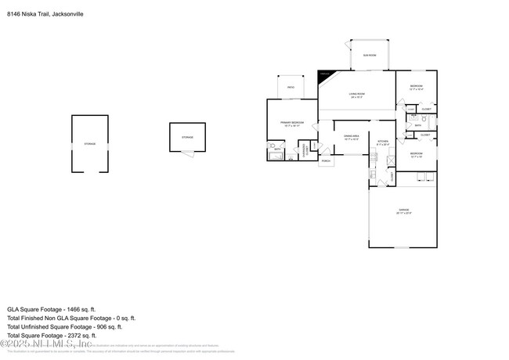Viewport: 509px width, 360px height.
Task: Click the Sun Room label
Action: pyautogui.click(x=369, y=55)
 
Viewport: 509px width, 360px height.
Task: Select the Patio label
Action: pyautogui.click(x=291, y=87)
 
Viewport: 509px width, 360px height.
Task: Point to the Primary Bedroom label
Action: pyautogui.click(x=292, y=123)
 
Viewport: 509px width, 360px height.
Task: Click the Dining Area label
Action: pyautogui.click(x=351, y=136)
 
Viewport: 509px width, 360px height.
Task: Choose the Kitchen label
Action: pyautogui.click(x=383, y=142)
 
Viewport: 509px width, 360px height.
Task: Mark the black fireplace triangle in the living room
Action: pyautogui.click(x=323, y=75)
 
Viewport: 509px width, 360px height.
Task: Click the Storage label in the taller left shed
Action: pyautogui.click(x=89, y=144)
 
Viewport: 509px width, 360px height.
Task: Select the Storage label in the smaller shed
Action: pyautogui.click(x=187, y=137)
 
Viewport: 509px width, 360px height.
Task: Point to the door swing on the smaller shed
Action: pyautogui.click(x=186, y=153)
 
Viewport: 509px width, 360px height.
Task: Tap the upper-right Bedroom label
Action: pyautogui.click(x=416, y=86)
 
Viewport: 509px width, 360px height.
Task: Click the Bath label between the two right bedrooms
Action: pyautogui.click(x=418, y=124)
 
